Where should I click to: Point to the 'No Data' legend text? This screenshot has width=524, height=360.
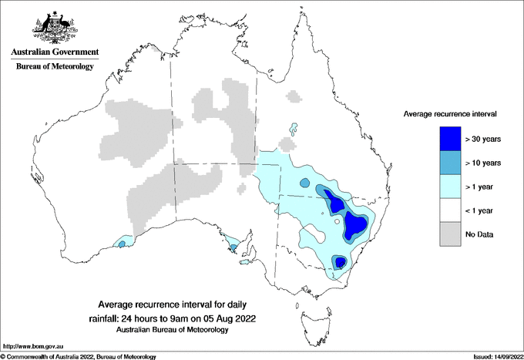point(479,234)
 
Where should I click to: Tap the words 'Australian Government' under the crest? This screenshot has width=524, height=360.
point(55,52)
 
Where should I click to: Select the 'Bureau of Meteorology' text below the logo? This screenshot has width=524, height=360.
point(55,67)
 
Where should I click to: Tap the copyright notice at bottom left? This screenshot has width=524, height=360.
point(78,356)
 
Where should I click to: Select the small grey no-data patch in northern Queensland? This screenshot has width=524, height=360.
point(292,97)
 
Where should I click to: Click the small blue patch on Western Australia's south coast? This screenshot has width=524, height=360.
point(121,243)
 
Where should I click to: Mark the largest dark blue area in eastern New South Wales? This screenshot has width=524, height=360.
point(355,225)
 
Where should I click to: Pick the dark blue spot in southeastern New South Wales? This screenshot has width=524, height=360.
point(340,262)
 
